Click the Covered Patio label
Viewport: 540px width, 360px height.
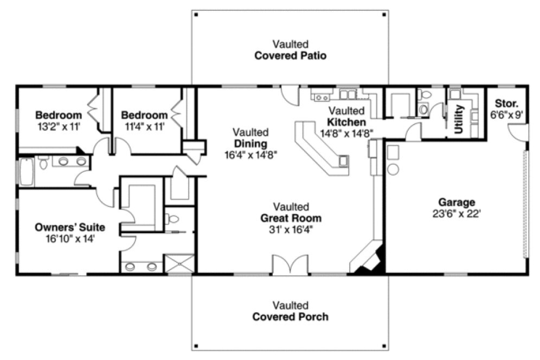click(x=290, y=55)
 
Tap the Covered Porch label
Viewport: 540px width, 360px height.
click(x=290, y=316)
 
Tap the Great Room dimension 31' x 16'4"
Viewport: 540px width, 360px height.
click(x=290, y=229)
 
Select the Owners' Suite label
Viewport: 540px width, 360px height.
click(x=70, y=227)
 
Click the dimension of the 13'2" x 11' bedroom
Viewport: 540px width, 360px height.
click(x=58, y=126)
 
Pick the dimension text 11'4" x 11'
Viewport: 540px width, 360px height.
click(x=144, y=126)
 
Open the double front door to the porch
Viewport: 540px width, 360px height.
click(x=290, y=266)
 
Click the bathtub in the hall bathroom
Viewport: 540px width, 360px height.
click(x=26, y=171)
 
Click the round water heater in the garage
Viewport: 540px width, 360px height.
click(x=393, y=169)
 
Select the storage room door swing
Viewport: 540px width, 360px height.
click(x=517, y=132)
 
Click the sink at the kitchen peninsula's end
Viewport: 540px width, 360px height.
click(x=343, y=161)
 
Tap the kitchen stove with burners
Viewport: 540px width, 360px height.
click(x=322, y=97)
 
